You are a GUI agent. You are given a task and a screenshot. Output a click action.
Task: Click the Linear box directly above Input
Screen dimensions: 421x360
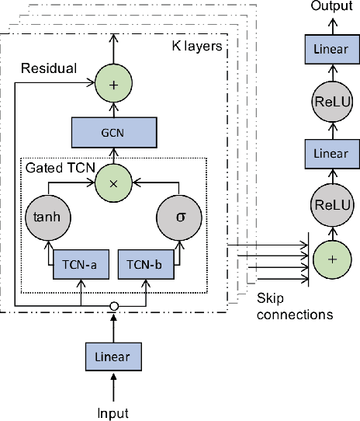(114, 357)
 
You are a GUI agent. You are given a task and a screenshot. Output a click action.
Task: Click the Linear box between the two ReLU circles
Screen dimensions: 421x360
(331, 154)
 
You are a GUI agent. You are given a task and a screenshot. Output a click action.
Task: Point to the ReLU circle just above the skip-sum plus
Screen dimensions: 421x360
(331, 205)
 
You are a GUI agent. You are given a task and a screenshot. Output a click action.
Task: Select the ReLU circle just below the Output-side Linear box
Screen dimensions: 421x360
(331, 103)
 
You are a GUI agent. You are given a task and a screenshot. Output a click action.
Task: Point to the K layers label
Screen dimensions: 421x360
(196, 47)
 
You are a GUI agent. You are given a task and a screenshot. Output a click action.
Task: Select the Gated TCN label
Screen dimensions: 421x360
(56, 166)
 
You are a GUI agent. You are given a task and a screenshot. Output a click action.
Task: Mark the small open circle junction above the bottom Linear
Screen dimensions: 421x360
(114, 305)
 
